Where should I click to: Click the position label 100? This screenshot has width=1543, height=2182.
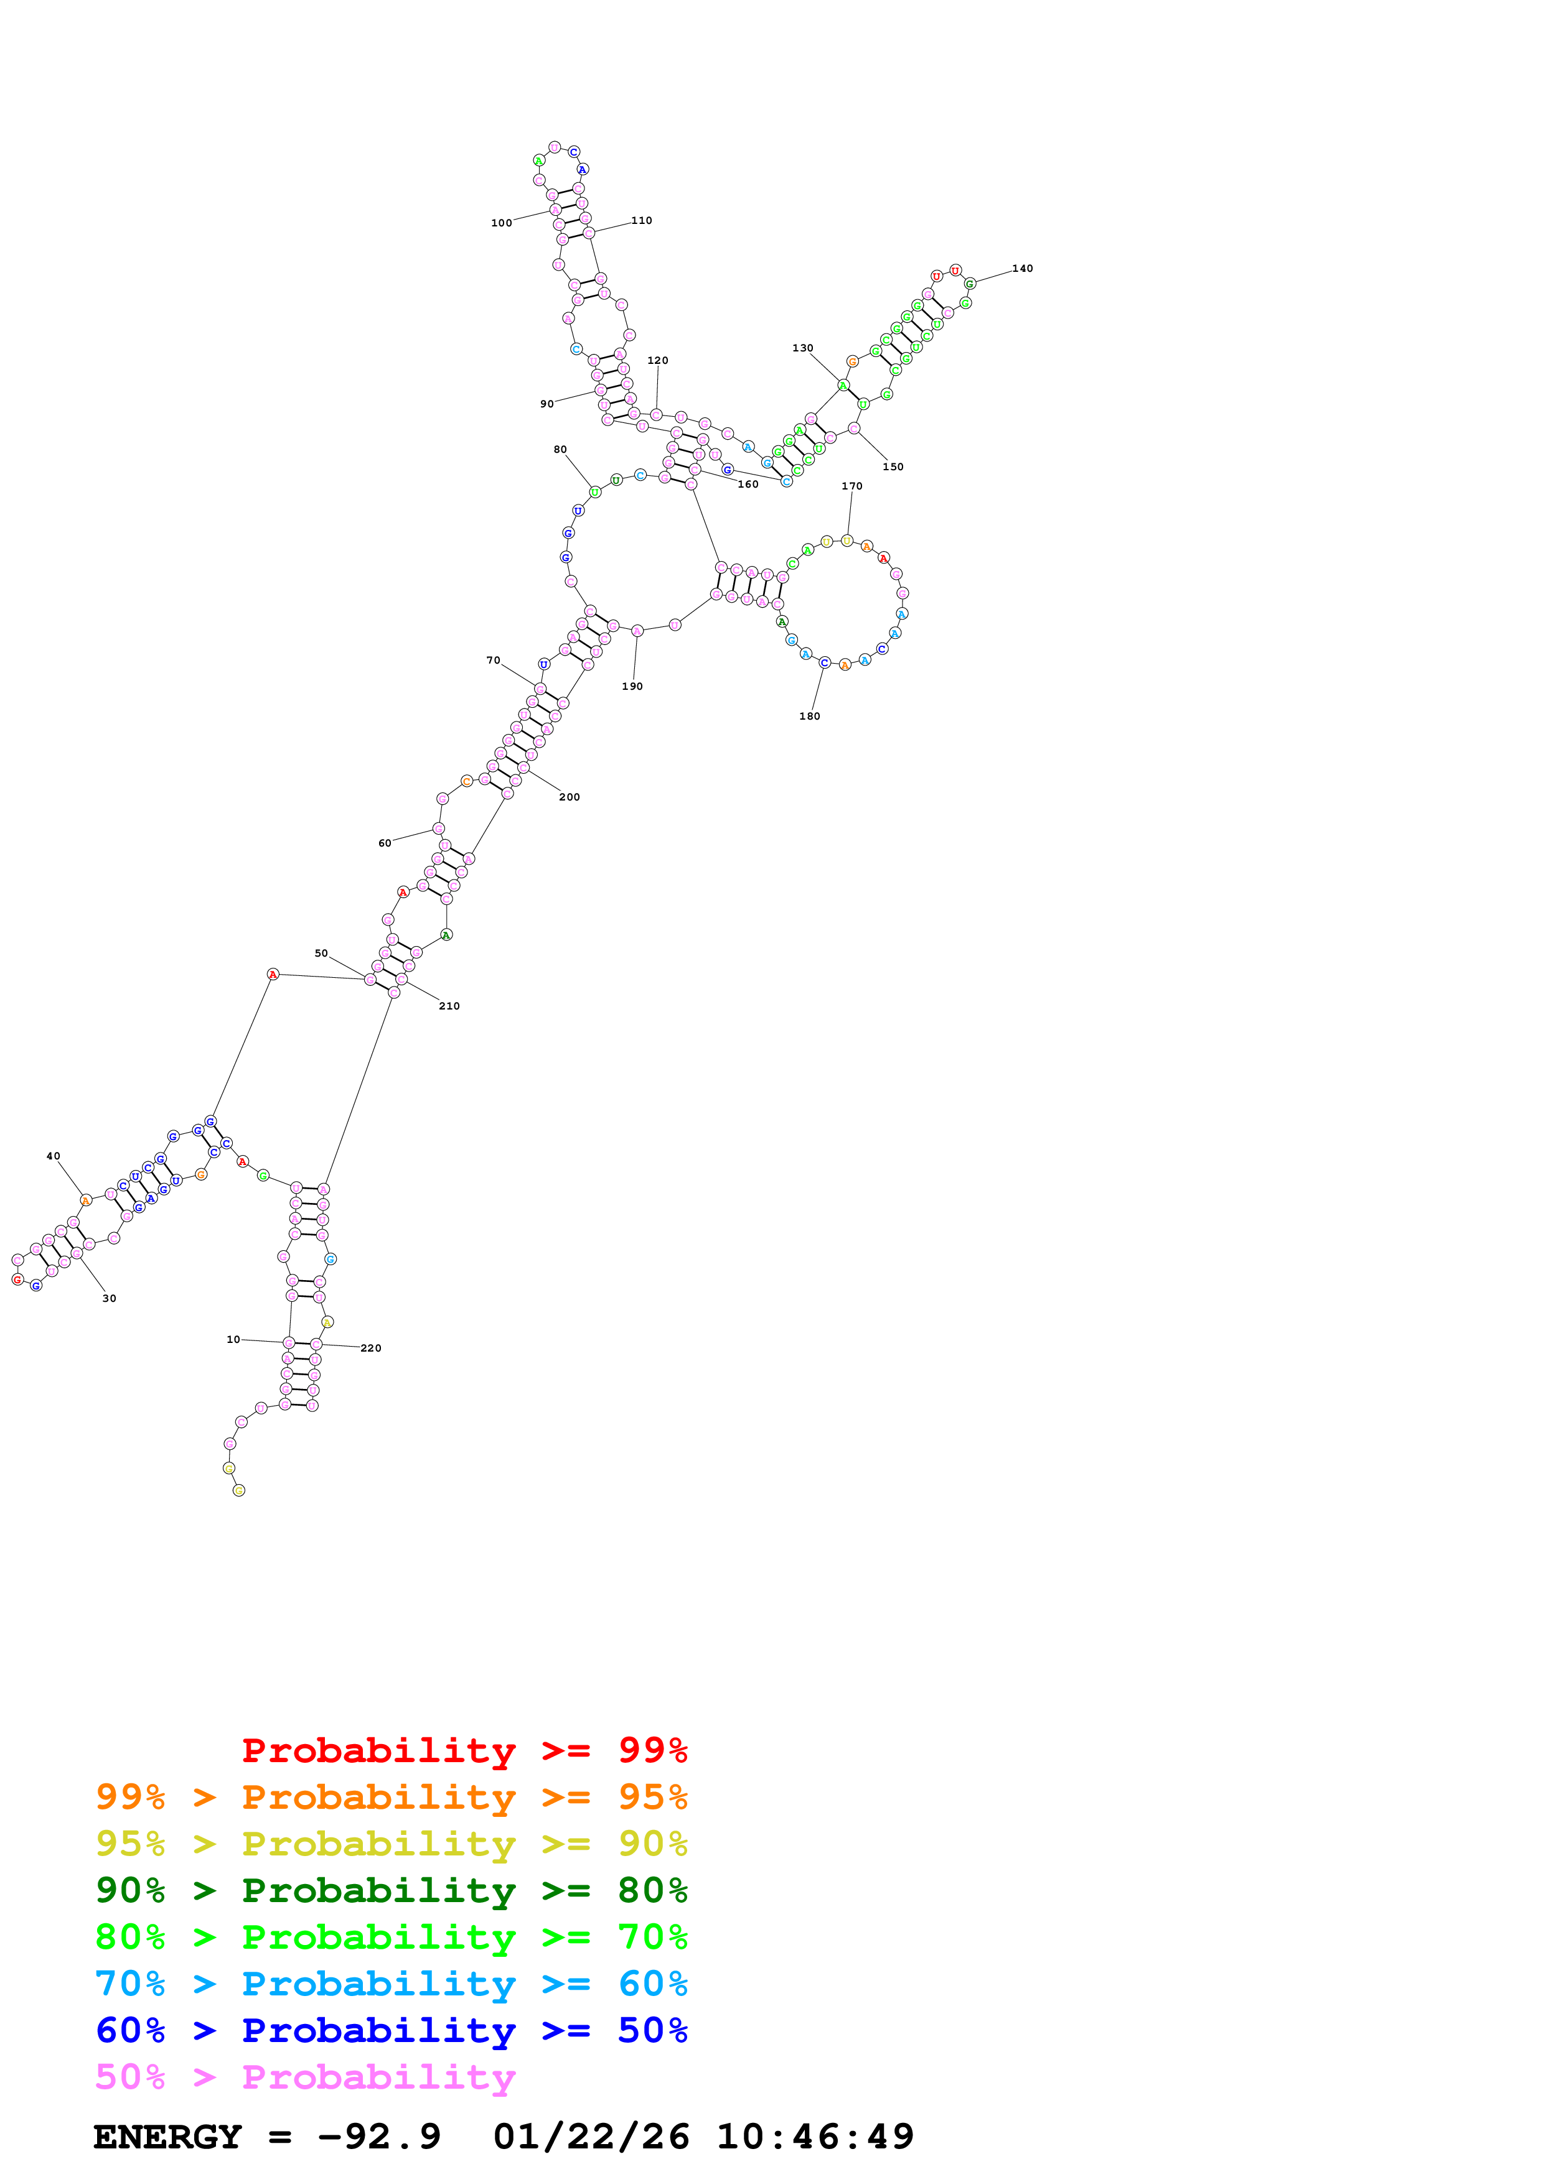tap(501, 223)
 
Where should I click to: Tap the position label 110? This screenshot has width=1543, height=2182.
tap(642, 220)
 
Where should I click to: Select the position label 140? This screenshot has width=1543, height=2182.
tap(1022, 269)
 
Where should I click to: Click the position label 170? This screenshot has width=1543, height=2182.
tap(852, 486)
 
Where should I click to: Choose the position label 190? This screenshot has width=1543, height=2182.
tap(632, 686)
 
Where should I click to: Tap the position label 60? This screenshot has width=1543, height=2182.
tap(384, 843)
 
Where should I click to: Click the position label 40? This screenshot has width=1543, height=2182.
tap(54, 1156)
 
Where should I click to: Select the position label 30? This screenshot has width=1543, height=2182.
tap(110, 1298)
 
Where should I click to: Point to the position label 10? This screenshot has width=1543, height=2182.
tap(233, 1339)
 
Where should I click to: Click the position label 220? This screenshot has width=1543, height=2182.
tap(371, 1348)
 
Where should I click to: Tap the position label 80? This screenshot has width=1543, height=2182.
tap(560, 450)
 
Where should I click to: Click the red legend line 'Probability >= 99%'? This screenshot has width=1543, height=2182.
tap(464, 1750)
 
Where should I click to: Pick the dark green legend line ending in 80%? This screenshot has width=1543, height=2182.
tap(391, 1890)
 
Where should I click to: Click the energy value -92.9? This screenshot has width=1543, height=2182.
tap(379, 2137)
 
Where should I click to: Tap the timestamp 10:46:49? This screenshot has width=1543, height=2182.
tap(815, 2137)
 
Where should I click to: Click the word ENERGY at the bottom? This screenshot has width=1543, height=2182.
tap(167, 2137)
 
